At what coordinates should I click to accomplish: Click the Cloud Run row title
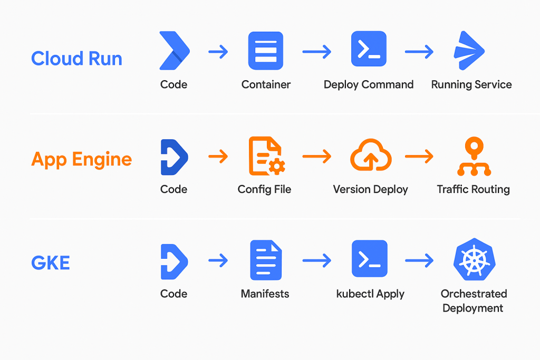[x=76, y=58]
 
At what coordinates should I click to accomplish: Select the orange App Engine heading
[x=82, y=159]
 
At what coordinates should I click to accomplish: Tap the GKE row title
[x=51, y=262]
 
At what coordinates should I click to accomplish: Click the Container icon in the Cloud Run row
[x=266, y=51]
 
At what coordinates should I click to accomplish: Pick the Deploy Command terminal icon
[x=369, y=49]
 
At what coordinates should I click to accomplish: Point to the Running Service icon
[x=470, y=51]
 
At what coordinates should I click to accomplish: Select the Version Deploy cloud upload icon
[x=371, y=156]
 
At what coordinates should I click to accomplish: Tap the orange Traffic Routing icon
[x=474, y=157]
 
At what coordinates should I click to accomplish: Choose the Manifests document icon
[x=266, y=260]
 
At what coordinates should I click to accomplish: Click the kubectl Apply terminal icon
[x=369, y=259]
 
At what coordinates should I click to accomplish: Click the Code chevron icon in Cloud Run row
[x=175, y=51]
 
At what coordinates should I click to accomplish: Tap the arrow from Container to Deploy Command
[x=316, y=52]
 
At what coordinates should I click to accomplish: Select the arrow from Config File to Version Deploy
[x=316, y=157]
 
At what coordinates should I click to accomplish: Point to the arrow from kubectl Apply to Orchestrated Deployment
[x=419, y=260]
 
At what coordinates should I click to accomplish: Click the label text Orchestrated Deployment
[x=473, y=301]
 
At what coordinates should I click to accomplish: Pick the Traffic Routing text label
[x=473, y=189]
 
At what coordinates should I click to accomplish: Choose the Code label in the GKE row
[x=173, y=294]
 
